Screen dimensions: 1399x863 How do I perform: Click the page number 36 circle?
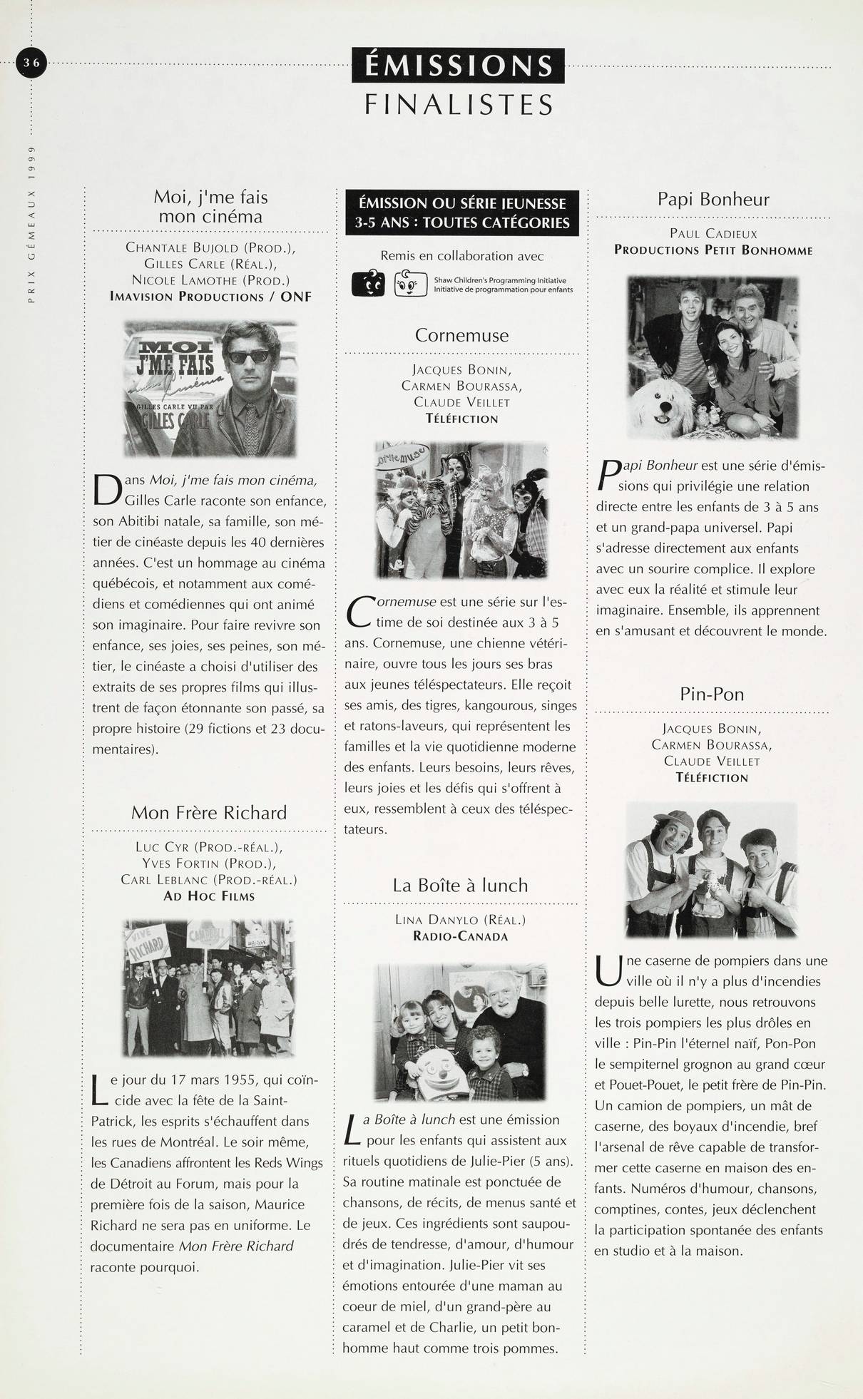coord(31,63)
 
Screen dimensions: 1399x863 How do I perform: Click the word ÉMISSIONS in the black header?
coord(458,66)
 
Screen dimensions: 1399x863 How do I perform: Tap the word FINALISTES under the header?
coord(459,106)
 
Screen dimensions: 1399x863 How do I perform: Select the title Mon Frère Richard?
coord(209,813)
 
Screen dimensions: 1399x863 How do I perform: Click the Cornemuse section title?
coord(461,335)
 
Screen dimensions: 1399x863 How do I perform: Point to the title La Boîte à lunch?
coord(460,886)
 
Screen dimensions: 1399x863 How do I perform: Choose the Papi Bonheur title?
coord(713,199)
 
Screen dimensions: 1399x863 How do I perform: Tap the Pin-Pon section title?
coord(712,694)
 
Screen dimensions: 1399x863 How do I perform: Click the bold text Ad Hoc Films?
coord(209,896)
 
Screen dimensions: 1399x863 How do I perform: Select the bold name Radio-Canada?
coord(460,936)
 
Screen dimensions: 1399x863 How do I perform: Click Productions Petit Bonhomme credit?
coord(713,250)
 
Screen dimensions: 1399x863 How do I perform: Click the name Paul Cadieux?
coord(713,234)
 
